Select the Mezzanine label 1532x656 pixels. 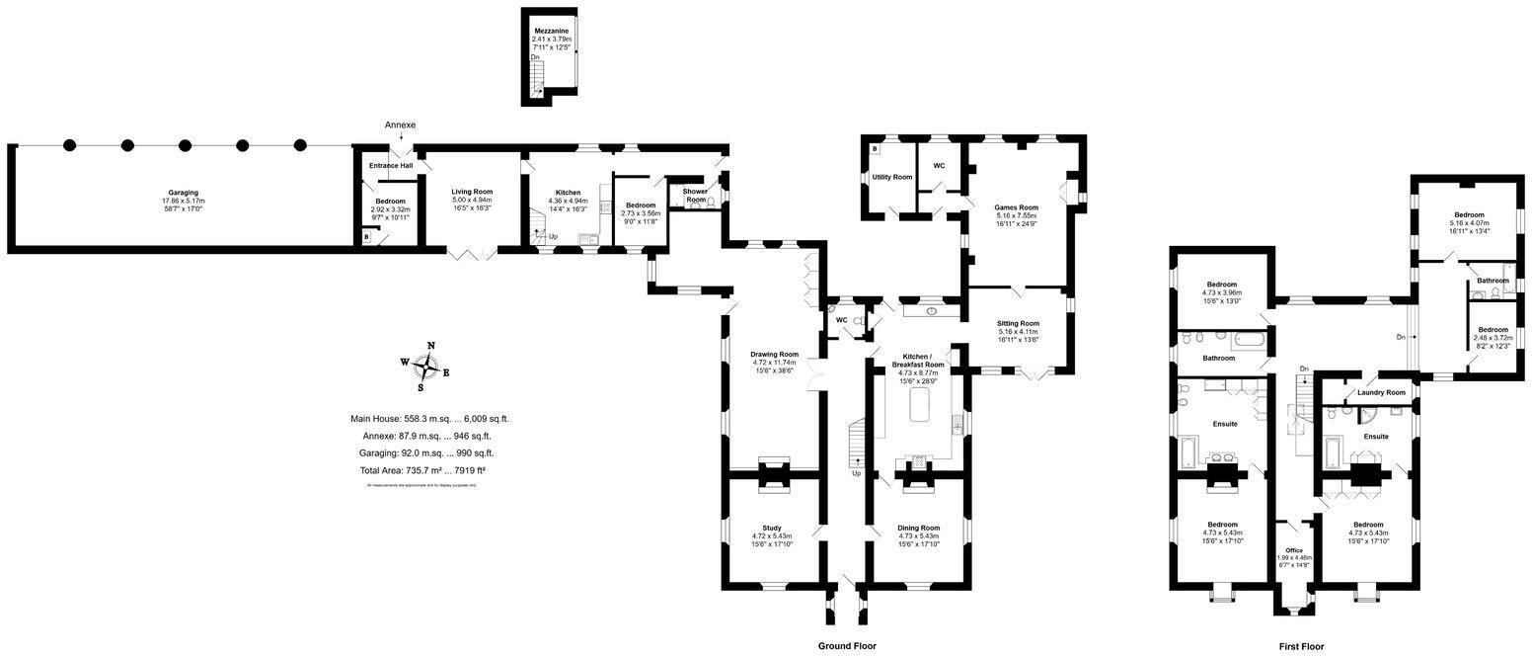point(551,32)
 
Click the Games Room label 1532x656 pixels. point(1018,207)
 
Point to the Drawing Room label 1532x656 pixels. point(774,354)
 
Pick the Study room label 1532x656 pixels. point(772,528)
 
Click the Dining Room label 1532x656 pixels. point(918,528)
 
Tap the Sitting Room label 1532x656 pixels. point(1019,323)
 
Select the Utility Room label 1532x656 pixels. point(891,177)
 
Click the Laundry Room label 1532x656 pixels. point(1381,392)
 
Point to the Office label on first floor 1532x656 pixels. point(1293,550)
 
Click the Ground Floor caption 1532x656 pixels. point(847,645)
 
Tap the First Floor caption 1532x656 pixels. point(1300,646)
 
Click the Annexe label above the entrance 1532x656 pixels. point(400,125)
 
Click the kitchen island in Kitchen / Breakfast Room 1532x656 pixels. point(920,405)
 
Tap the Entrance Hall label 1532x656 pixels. point(391,165)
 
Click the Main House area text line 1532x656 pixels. point(429,419)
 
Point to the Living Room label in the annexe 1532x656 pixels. point(472,192)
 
